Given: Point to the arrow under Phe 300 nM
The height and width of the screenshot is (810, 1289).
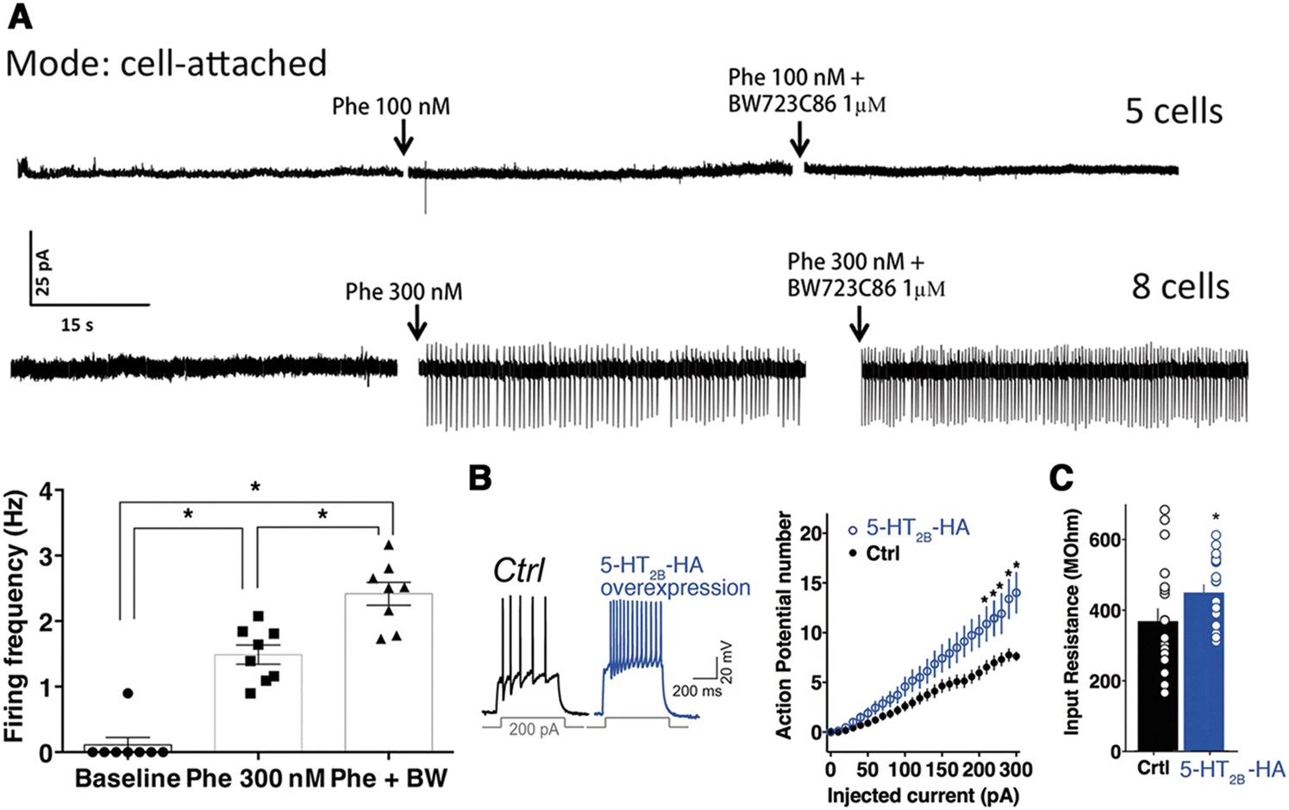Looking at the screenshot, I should click(x=416, y=323).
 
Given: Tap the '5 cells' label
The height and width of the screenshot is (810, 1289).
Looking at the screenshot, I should click(x=1173, y=112).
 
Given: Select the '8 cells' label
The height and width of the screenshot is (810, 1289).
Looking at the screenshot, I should click(x=1179, y=286).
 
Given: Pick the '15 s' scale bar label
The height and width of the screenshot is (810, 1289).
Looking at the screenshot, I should click(x=78, y=325).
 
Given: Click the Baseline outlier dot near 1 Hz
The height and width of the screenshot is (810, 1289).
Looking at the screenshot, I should click(x=128, y=693).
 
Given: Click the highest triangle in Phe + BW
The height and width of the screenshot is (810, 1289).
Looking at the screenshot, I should click(x=389, y=545).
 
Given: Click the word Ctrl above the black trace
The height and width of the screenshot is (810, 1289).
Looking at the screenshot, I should click(x=518, y=570).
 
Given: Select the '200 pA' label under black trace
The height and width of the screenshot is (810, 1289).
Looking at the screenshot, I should click(x=534, y=730).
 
